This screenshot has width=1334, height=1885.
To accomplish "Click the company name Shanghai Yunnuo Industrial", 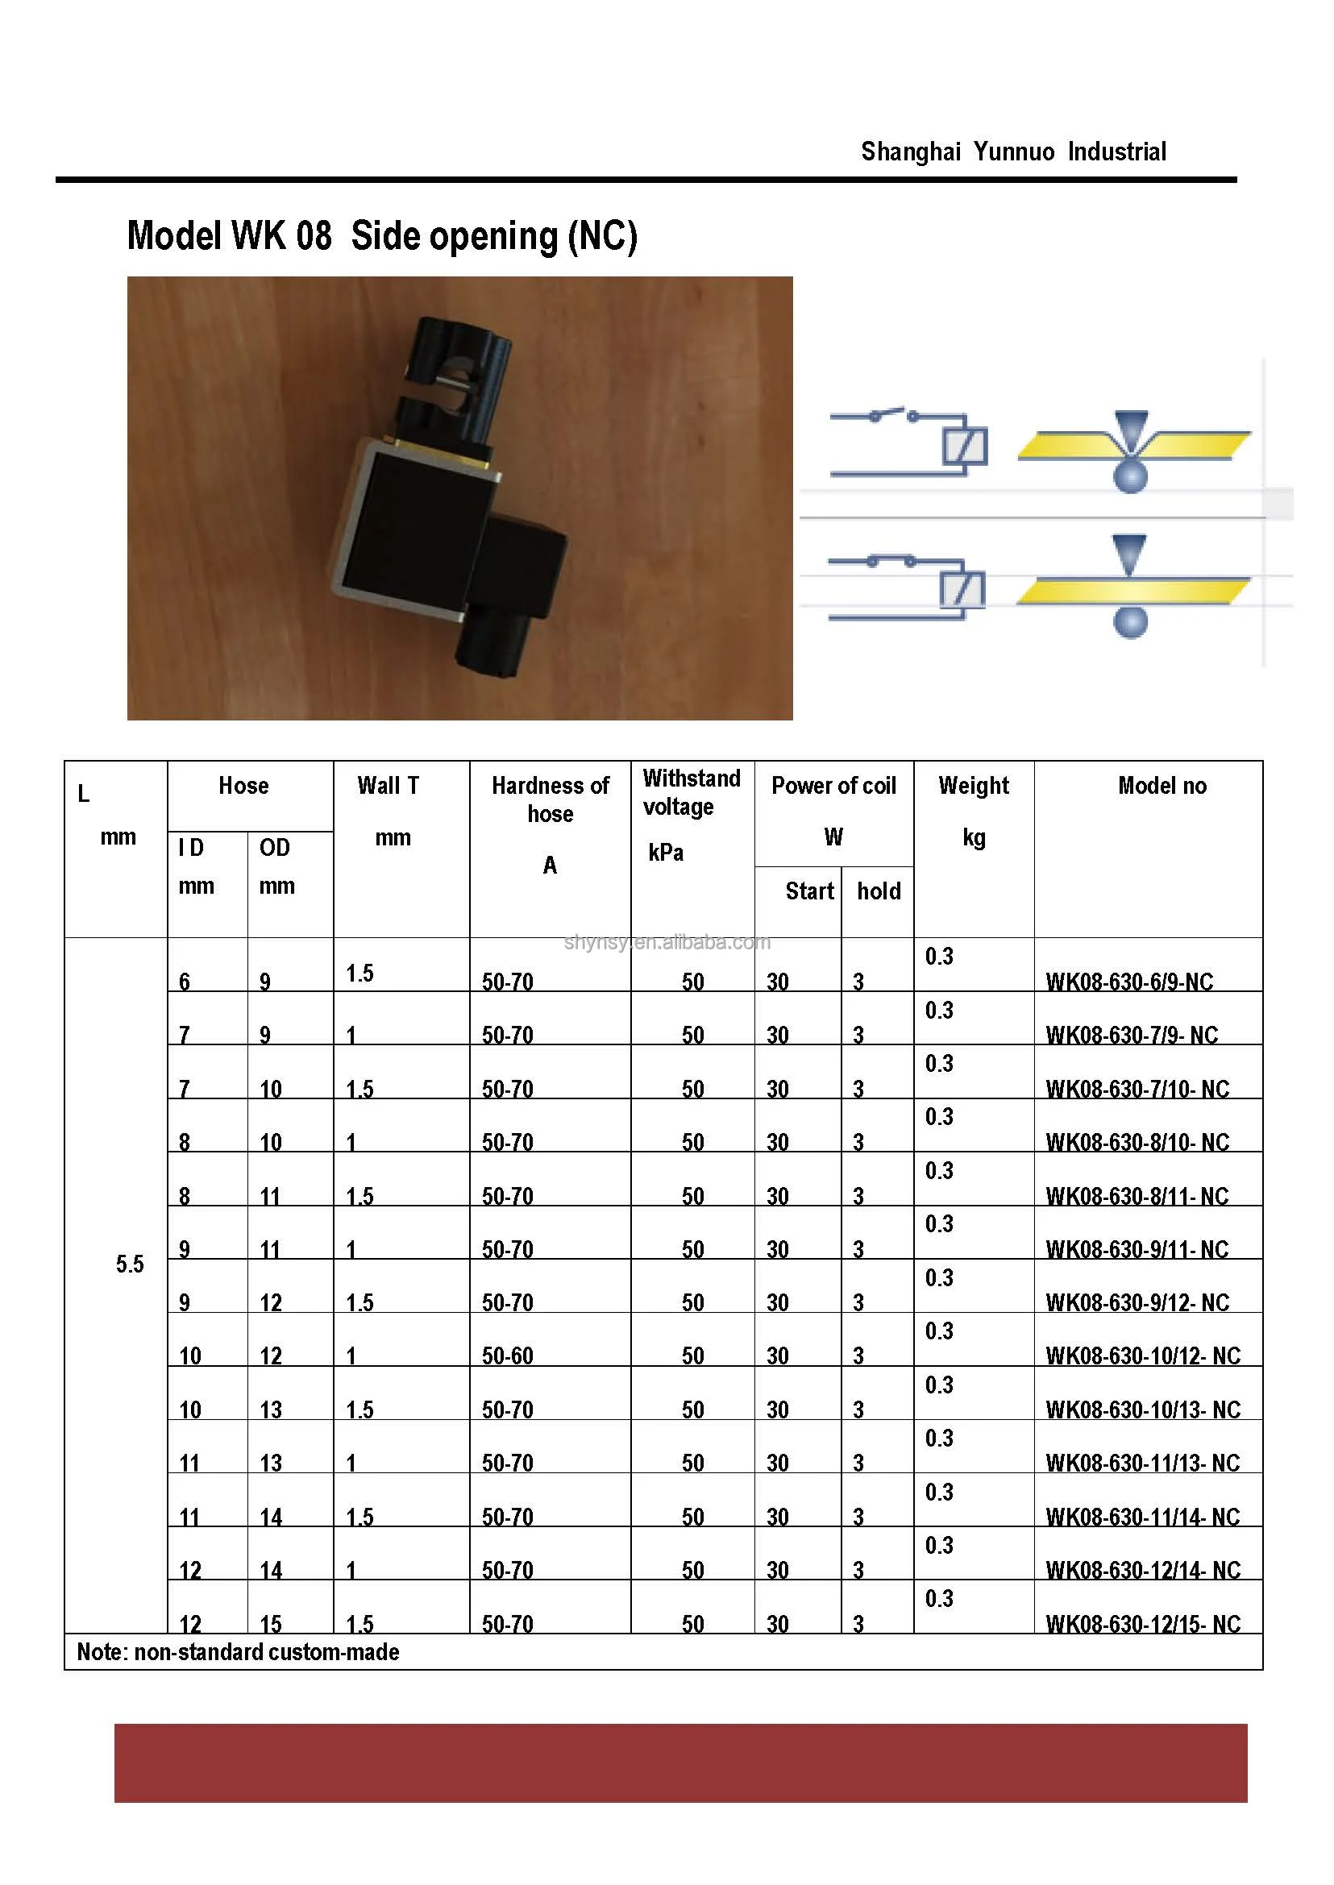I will pos(1013,152).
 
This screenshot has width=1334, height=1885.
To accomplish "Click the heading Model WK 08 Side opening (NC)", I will pos(382,236).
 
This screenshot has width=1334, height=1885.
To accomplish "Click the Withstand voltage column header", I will pos(691,791).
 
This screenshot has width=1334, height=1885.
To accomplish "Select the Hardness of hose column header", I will pos(551,799).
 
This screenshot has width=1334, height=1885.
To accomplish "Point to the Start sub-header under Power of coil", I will pos(809,891).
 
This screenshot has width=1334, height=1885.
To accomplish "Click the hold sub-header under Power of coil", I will pos(878,891).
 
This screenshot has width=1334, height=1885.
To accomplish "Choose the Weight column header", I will pos(974,786).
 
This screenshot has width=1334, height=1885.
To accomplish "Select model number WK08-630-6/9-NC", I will pos(1128,982).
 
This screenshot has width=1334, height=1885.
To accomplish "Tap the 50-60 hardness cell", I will pos(508,1356).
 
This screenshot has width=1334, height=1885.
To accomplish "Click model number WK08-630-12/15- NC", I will pos(1143,1624).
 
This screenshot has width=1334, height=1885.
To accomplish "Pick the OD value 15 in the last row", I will pos(270,1624).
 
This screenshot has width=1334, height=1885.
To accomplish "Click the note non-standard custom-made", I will pos(239,1652).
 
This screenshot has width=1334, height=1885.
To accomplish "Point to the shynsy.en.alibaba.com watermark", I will pos(667,942).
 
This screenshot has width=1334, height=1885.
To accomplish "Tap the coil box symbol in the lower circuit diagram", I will pos(962,590).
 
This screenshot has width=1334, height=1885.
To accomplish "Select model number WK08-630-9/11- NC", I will pos(1137,1249).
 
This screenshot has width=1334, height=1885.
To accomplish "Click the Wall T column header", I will pos(389,786).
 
